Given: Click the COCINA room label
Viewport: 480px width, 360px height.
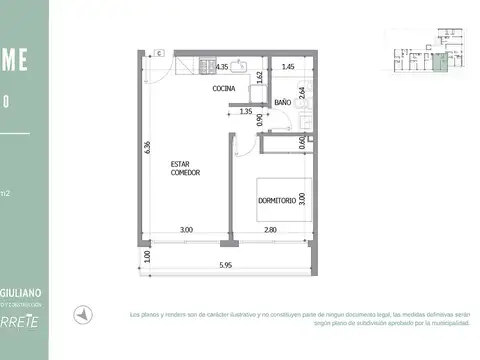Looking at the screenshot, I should click(x=225, y=88).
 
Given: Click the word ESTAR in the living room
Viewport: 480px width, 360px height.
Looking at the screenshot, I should click(x=181, y=165).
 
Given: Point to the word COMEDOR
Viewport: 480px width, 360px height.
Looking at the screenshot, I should click(x=186, y=173).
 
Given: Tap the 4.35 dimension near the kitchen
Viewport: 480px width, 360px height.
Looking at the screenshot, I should click(x=224, y=66).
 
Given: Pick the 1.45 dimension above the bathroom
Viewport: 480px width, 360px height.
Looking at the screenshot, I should click(x=288, y=66).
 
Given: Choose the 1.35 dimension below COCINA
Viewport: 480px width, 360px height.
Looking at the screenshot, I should click(x=245, y=112).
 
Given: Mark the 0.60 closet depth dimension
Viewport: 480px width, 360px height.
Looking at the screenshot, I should click(x=302, y=142).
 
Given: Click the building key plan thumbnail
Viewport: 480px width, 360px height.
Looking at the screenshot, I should click(x=418, y=59).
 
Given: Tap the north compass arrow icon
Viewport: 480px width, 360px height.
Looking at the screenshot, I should click(x=87, y=312).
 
